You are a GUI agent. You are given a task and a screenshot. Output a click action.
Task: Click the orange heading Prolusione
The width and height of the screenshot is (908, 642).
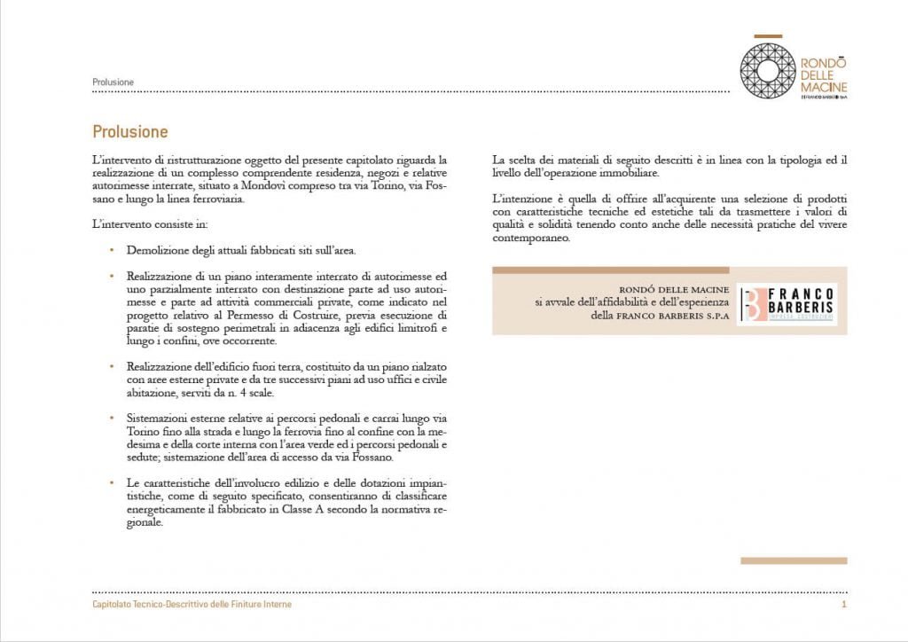[x=129, y=132]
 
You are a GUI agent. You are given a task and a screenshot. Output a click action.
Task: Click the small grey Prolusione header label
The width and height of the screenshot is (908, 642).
[x=113, y=82]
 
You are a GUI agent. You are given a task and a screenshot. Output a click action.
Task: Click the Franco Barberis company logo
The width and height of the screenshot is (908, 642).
[x=787, y=302]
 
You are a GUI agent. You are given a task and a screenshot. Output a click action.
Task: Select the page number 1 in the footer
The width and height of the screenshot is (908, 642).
[x=844, y=604]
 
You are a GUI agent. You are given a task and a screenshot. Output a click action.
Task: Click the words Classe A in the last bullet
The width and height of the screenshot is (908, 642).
[x=295, y=510]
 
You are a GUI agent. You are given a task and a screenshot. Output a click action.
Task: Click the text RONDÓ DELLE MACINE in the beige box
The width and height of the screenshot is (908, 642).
[x=677, y=289]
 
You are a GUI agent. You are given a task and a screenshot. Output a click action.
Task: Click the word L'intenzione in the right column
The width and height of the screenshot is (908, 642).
[x=521, y=200]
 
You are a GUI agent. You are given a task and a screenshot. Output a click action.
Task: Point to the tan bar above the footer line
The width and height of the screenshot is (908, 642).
[x=794, y=560]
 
